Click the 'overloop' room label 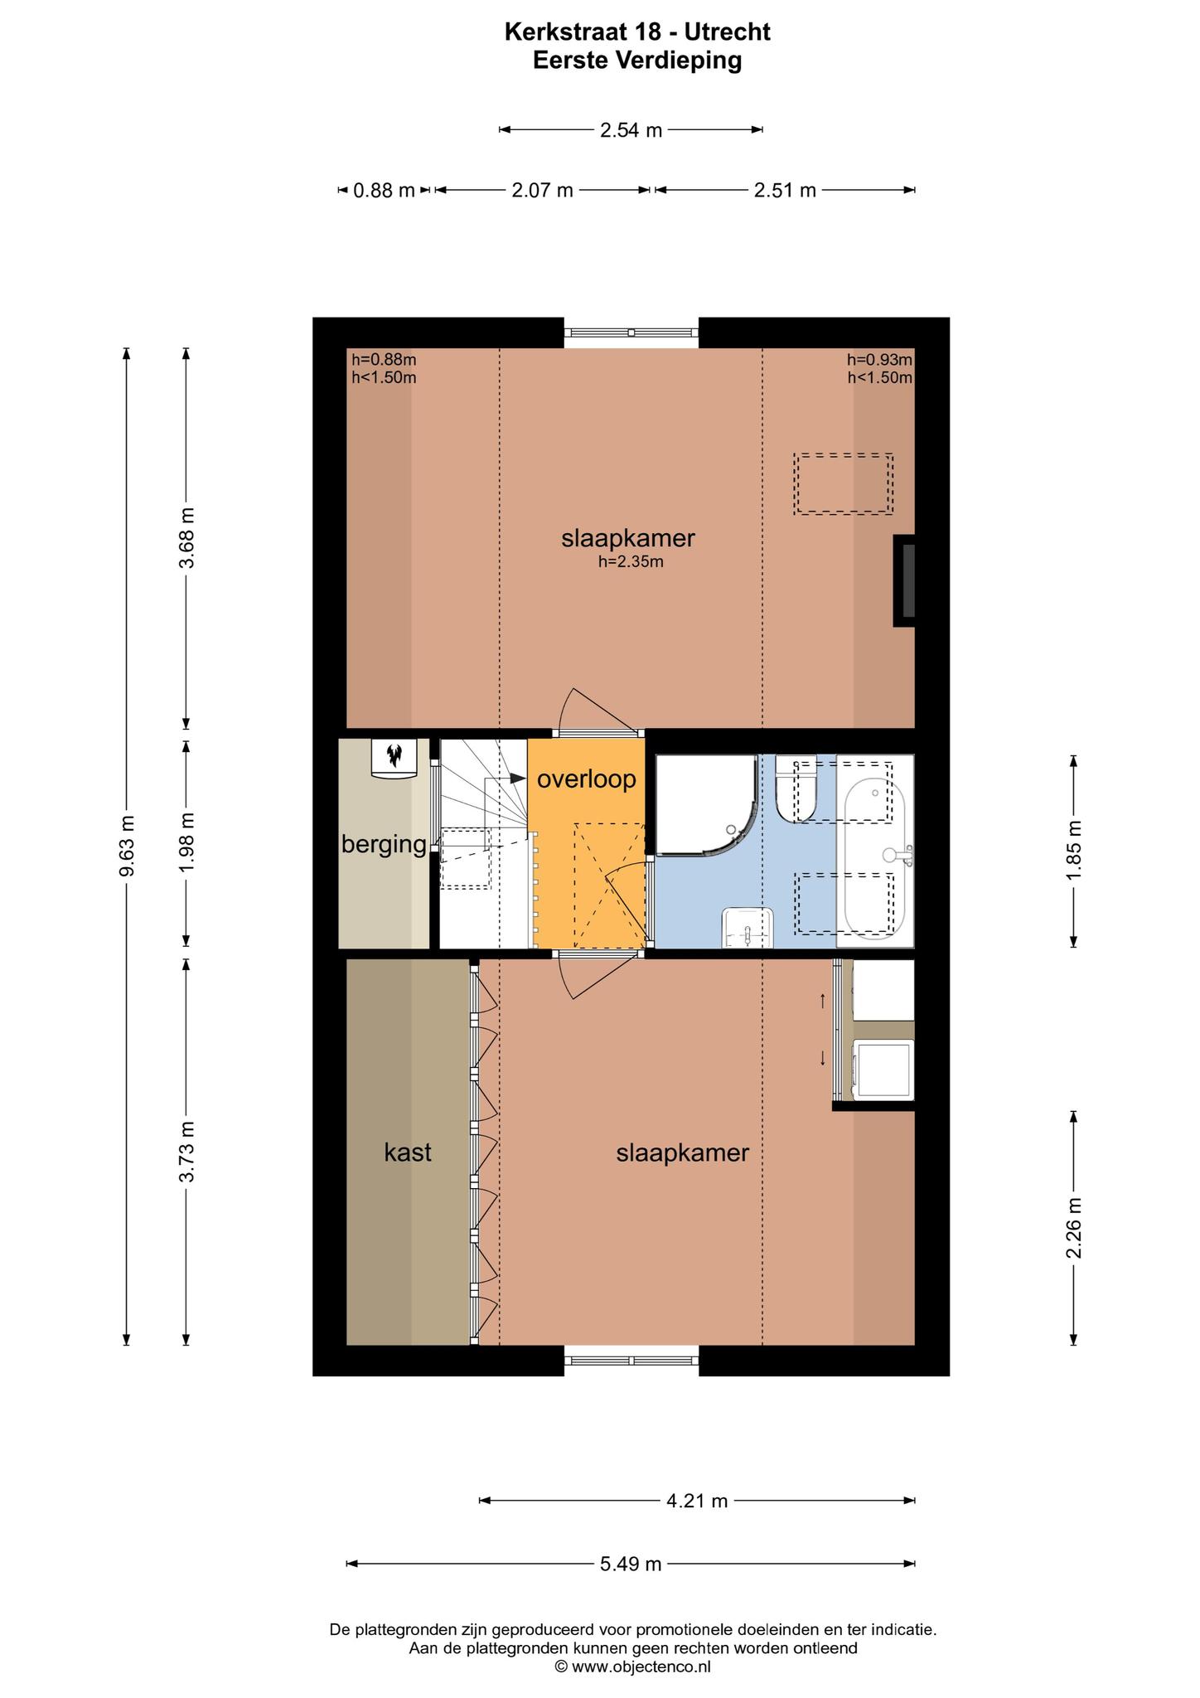tap(586, 779)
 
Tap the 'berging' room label tap(384, 845)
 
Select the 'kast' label tap(408, 1152)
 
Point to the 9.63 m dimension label tap(127, 846)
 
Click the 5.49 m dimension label tap(631, 1564)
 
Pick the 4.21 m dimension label tap(697, 1500)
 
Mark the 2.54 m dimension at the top tap(631, 130)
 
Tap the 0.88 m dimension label tap(384, 191)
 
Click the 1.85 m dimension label tap(1074, 851)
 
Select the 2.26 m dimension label tap(1074, 1227)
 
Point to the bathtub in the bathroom tap(875, 851)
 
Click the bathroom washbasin tap(748, 927)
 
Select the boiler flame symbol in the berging tap(394, 754)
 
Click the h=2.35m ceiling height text tap(631, 562)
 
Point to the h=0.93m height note tap(879, 360)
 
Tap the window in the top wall tap(631, 332)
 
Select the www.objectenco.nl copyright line tap(632, 1666)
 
